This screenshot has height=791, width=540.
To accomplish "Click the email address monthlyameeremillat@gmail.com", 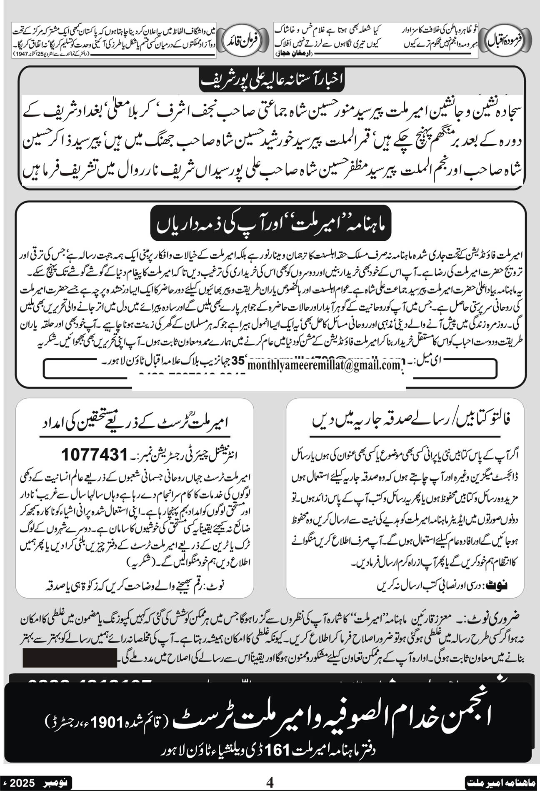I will point(324,365).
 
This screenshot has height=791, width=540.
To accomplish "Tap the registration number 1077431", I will point(94,454).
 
